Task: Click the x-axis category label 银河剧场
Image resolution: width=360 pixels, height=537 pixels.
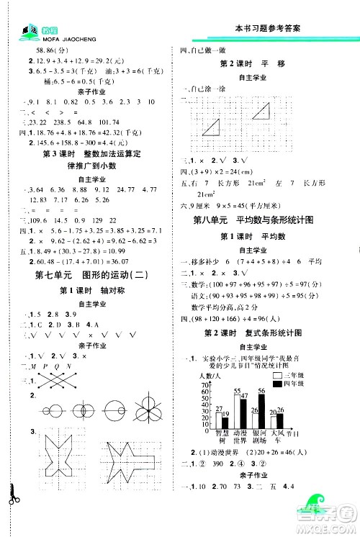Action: coord(257,439)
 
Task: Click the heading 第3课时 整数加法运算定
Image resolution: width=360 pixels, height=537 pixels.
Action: coord(91,153)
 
